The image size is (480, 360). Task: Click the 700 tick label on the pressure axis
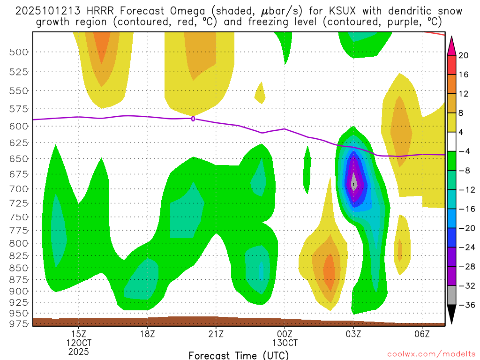[19, 189]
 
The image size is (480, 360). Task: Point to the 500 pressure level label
[19, 52]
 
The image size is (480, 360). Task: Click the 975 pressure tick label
[19, 323]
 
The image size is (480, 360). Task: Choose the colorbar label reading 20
[464, 55]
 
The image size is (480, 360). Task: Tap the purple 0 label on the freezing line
[193, 119]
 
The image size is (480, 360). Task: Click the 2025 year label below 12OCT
[79, 351]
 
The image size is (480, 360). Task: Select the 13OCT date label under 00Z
[285, 342]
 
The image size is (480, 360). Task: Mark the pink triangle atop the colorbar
[451, 44]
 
